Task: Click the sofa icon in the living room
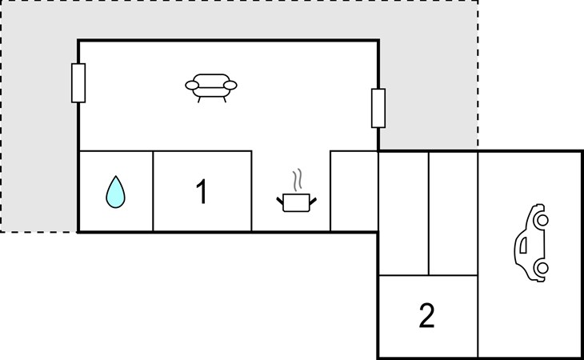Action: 211,88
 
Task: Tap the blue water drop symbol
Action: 115,192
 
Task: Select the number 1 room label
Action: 202,191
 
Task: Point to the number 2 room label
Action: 427,316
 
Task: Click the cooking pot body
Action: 296,203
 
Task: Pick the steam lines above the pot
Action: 297,180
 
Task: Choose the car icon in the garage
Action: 531,242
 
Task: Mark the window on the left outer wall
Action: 78,83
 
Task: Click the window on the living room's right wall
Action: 378,108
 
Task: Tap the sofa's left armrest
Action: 192,86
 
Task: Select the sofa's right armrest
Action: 230,86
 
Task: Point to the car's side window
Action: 523,245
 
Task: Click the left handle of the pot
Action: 280,201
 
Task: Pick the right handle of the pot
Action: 313,201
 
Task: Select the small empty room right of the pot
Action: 354,191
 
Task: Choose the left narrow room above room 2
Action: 404,214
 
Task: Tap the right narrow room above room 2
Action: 454,214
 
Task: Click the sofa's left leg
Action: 199,99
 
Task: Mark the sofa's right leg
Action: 225,99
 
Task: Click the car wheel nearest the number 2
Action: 542,267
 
